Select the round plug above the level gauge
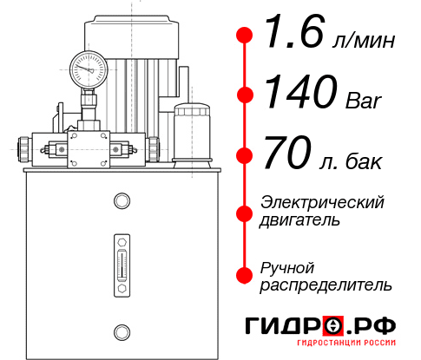pos(122,201)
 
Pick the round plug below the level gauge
pos(122,331)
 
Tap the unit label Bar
pos(364,102)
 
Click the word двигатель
pos(300,220)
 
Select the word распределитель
pos(326,284)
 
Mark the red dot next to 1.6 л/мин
pos(245,35)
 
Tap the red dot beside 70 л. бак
pos(245,157)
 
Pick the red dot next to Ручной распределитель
pos(245,274)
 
